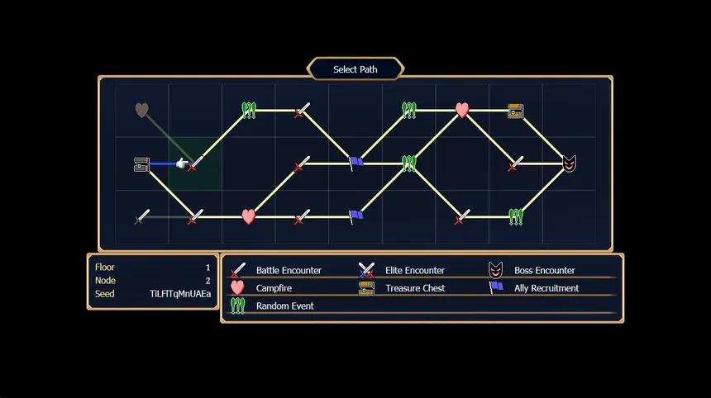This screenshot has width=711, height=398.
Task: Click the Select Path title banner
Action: pos(355,69)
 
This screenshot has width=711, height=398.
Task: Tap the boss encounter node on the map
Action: pos(569,163)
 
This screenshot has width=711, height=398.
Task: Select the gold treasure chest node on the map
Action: pos(516,111)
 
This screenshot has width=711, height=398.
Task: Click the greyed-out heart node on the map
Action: pos(142,110)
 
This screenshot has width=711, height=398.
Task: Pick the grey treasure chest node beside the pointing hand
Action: pos(141,164)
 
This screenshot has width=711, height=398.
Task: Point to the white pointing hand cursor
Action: pos(182,163)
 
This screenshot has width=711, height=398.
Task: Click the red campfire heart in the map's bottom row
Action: pos(249,216)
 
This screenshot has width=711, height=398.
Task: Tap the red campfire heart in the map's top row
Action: pos(462,110)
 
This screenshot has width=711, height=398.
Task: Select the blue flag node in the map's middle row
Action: pos(355,163)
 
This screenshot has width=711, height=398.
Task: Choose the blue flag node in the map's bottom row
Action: pos(355,216)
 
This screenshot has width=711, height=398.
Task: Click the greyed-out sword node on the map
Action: pos(142,216)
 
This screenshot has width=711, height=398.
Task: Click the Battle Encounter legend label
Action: pos(289,270)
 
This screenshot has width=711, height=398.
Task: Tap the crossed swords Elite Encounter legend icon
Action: pos(366,270)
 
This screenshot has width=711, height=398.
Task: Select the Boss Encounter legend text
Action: pos(544,270)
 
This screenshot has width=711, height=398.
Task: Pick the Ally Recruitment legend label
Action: pos(546,288)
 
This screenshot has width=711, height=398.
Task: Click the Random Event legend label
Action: pos(284,306)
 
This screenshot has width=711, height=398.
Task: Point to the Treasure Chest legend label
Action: pos(415,288)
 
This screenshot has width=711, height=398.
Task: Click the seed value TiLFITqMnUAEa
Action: pos(180,294)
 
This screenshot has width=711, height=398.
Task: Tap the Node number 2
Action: pos(208,281)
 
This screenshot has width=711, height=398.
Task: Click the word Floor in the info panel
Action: pos(105,268)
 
